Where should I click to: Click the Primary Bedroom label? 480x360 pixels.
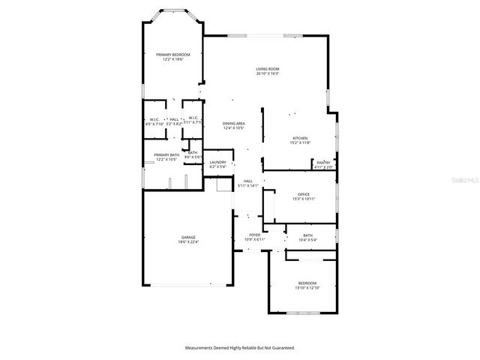click(172, 55)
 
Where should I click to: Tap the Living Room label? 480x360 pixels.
click(268, 69)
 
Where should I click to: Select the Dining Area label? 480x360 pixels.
click(234, 123)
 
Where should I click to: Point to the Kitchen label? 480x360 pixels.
click(300, 138)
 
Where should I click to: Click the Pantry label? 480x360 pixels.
click(323, 163)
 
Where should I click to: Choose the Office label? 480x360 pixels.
click(303, 194)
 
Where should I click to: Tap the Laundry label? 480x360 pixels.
click(218, 162)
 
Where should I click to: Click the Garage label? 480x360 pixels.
click(187, 237)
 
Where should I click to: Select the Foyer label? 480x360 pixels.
click(255, 235)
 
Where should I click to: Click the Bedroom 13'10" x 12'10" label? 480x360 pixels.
click(307, 283)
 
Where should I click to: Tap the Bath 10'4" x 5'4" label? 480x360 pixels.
click(307, 235)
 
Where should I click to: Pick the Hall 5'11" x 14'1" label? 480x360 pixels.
click(248, 181)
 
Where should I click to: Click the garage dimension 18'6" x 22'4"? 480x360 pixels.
click(187, 242)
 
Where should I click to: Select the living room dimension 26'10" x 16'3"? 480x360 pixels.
click(268, 73)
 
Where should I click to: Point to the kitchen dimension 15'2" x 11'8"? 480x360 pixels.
click(300, 142)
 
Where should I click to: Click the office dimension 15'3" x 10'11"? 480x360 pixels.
click(303, 199)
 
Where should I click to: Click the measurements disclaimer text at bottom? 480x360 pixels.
click(240, 348)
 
